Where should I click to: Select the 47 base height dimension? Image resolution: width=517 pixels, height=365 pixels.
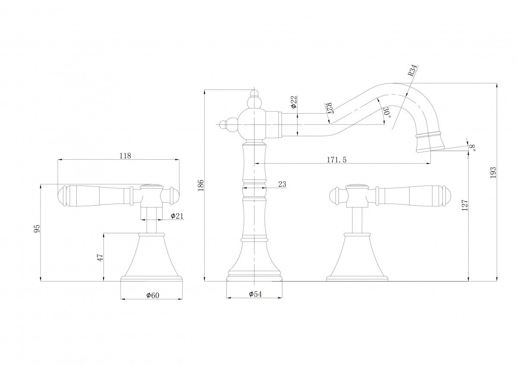(100, 257)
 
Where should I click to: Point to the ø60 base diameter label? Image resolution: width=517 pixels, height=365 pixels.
(153, 295)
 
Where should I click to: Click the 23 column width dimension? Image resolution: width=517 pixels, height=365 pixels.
(282, 184)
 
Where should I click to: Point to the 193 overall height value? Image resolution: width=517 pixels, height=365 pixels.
(494, 172)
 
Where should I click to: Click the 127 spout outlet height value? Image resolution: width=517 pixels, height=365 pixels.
(464, 206)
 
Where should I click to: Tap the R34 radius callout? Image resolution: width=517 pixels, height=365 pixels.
(413, 71)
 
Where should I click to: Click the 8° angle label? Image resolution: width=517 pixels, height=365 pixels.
(473, 148)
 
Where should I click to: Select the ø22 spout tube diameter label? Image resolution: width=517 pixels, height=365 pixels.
(293, 101)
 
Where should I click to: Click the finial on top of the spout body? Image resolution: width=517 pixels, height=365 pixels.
(254, 99)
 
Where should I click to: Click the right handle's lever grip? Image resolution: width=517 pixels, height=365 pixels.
(410, 195)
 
